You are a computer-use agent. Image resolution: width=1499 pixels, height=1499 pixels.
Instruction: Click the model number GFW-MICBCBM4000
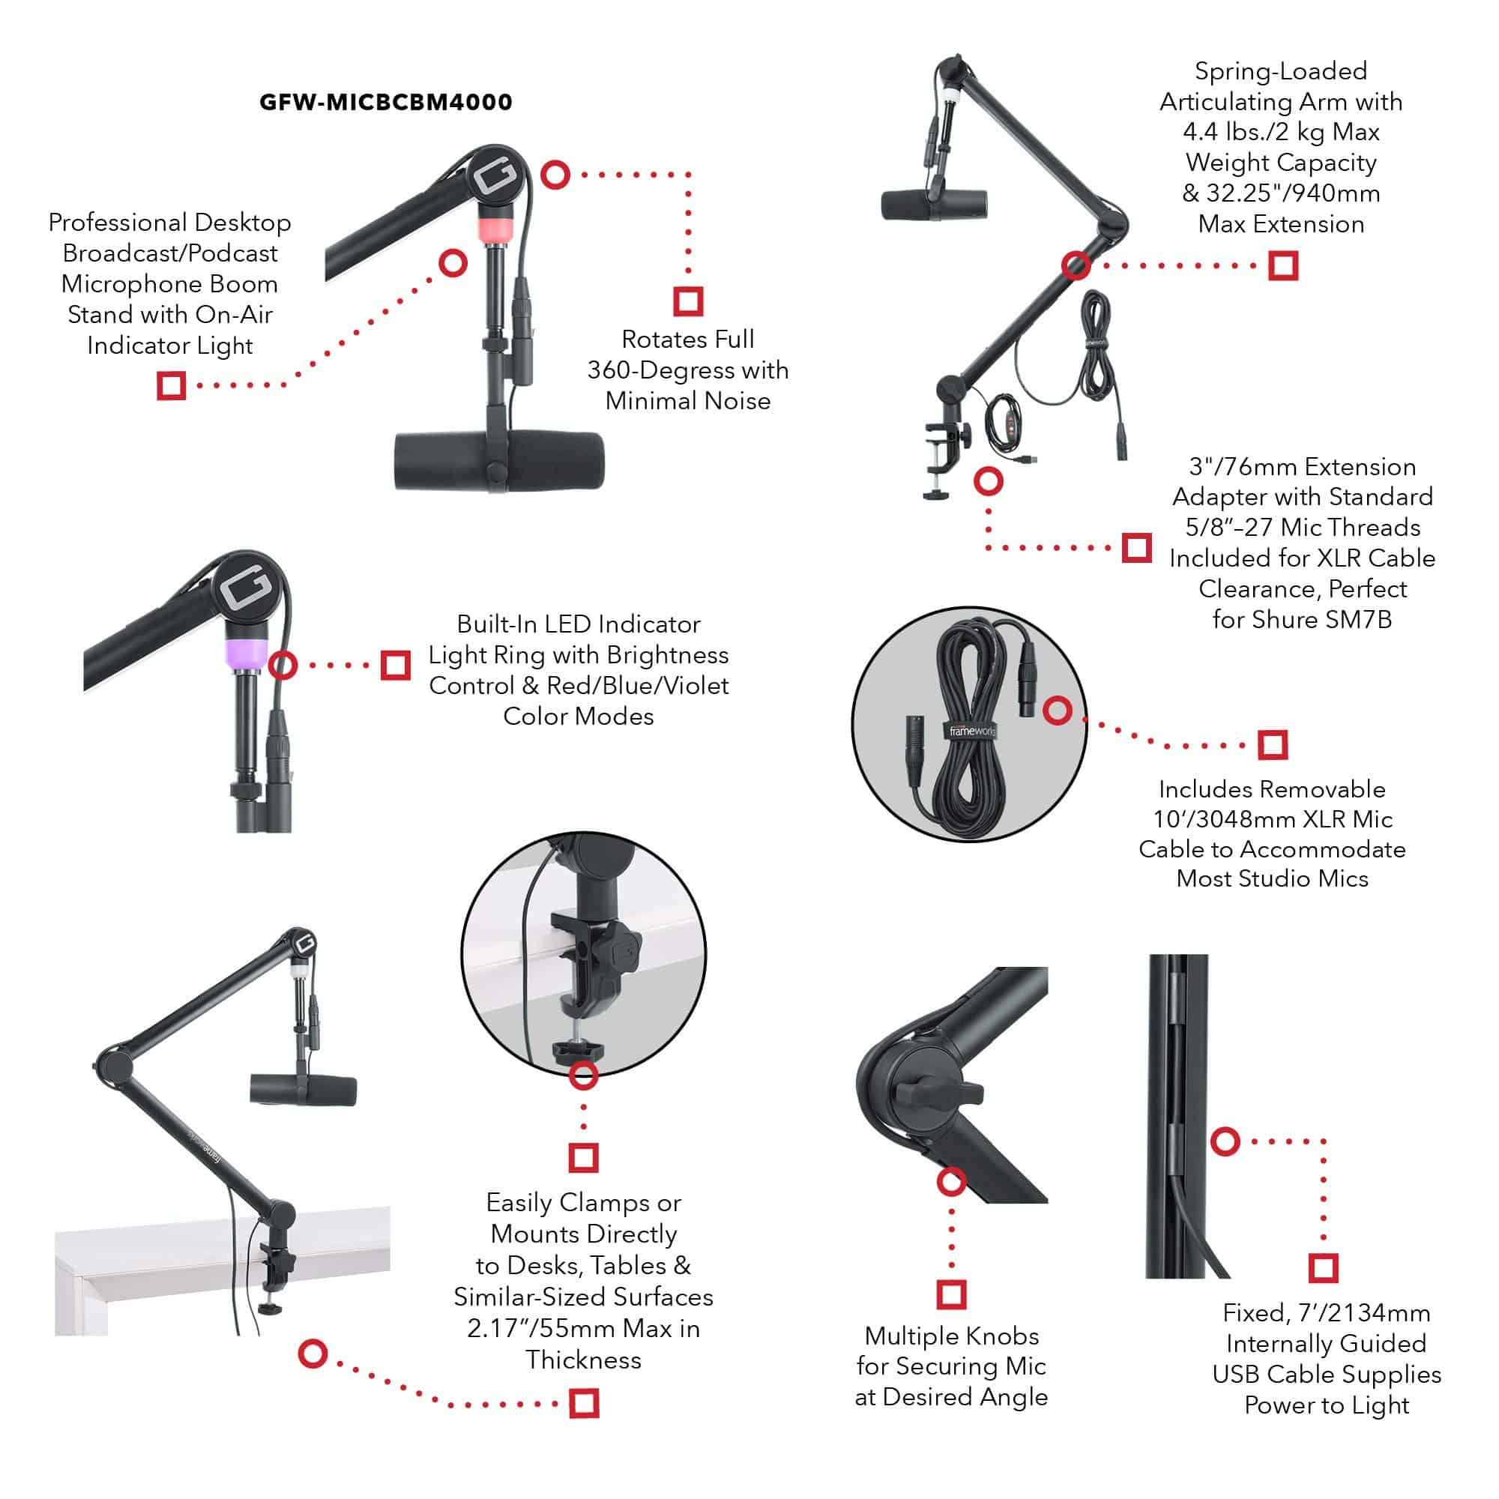point(385,102)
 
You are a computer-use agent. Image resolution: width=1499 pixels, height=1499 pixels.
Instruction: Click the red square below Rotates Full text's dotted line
point(688,301)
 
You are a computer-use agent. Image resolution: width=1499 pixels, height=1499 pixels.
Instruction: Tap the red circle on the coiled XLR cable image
point(1058,710)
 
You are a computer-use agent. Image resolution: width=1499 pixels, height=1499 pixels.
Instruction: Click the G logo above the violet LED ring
point(246,589)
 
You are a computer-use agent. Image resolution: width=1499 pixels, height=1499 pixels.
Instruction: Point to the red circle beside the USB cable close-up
point(1225,1141)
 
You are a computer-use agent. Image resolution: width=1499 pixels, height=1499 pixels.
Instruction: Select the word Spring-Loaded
point(1281,71)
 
